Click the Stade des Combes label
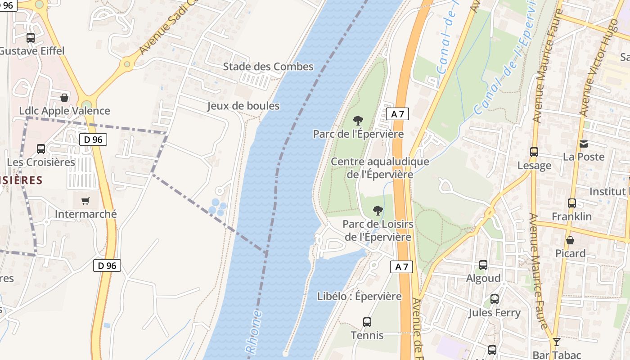coord(268,67)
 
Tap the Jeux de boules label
coord(243,106)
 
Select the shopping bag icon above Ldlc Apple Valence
coord(64,98)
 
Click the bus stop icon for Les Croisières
coord(41,149)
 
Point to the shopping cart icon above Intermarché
coord(85,201)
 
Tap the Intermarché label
coord(85,214)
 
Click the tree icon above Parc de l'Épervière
coord(358,121)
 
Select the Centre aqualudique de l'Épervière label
coord(380,168)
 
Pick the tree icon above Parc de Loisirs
coord(378,210)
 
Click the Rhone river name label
coord(253,331)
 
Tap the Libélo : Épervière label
coord(359,296)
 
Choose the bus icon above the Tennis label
coord(367,322)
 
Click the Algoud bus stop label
coord(483,278)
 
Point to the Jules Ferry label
coord(494,312)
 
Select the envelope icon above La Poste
coord(584,144)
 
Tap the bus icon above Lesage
coord(534,152)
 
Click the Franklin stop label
coord(571,216)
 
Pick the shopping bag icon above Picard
coord(570,240)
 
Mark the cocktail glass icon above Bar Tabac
coord(557,342)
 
